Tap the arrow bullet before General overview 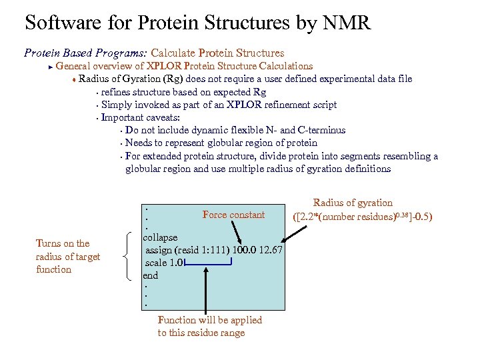point(50,66)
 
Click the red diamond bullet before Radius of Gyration point(74,79)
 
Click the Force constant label point(233,215)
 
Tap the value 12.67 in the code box point(270,250)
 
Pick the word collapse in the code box point(160,237)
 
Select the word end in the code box point(151,275)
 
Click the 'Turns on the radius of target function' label point(68,256)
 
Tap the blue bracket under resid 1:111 point(207,265)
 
